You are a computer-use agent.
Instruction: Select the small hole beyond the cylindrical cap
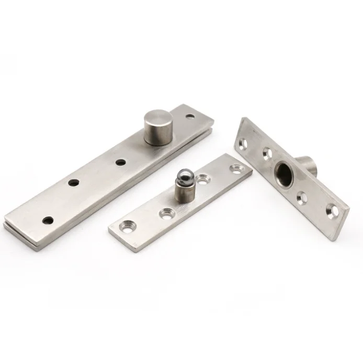tap(190, 116)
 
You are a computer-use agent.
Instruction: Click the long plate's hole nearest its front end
tap(48, 220)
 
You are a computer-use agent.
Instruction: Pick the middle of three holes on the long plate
tap(73, 184)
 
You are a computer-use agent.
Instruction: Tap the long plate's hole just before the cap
tap(121, 162)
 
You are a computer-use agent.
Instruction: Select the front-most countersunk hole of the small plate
tap(126, 226)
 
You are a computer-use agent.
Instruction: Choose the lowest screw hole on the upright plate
tap(331, 211)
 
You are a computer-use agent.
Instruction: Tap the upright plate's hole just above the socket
tap(266, 153)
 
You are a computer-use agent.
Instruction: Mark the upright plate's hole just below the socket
tap(302, 197)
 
